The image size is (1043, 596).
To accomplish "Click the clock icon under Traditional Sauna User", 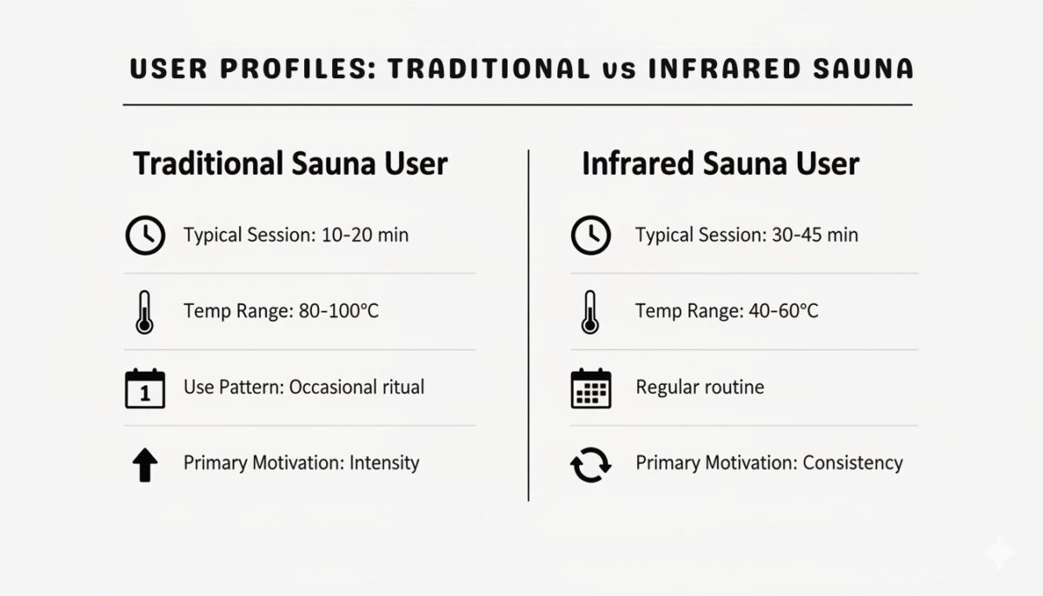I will [145, 235].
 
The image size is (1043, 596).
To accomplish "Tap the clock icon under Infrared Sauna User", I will [591, 235].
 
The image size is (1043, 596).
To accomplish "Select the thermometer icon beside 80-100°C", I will [144, 313].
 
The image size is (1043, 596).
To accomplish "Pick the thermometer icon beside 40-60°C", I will [591, 313].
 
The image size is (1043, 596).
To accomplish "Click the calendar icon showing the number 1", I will [145, 388].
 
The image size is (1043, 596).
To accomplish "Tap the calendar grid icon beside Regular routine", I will [591, 388].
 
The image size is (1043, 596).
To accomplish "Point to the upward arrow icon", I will [145, 465].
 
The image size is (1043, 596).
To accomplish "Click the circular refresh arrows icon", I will [591, 465].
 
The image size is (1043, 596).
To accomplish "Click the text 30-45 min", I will [814, 235].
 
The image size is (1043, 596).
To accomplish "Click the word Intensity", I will [384, 463].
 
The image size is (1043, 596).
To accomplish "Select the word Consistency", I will [853, 463].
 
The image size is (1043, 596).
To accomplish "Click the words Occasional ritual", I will [356, 387].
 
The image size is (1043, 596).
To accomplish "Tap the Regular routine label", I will [700, 387].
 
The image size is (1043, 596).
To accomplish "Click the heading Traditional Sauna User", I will [290, 164].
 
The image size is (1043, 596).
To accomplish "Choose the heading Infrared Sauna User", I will [721, 164].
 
